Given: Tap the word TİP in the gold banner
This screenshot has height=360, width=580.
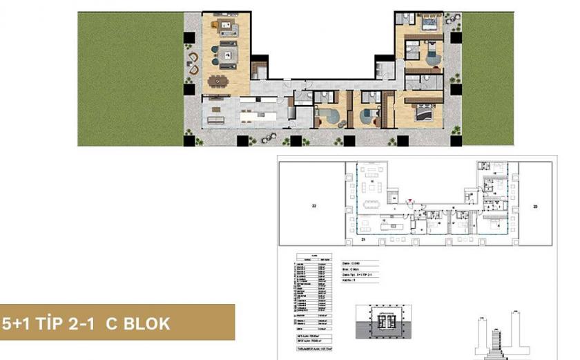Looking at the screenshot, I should [x=50, y=323].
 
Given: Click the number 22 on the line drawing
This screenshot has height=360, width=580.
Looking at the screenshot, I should [x=313, y=207].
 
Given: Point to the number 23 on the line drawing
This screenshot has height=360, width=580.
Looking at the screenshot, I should [x=535, y=207].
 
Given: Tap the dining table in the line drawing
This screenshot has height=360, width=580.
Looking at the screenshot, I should [x=372, y=202].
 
